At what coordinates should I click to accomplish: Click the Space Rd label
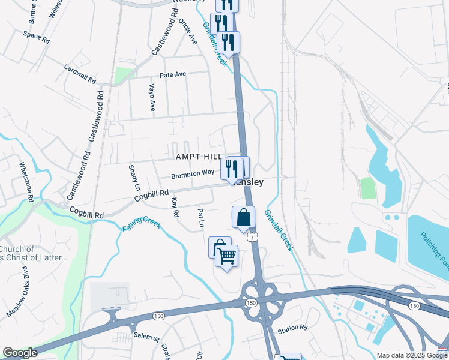coord(36,35)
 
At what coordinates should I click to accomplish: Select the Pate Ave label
coord(173,75)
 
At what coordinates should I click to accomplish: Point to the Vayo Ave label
coord(152,97)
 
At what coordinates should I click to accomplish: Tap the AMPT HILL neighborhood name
coord(199,157)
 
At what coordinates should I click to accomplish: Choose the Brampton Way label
coord(193,173)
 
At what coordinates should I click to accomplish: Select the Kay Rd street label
coord(175,207)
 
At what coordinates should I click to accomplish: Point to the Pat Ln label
coord(201,218)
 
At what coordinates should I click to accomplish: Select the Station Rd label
coord(292,329)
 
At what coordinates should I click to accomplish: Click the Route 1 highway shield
coord(255,238)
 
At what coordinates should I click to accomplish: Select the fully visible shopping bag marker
coord(243,218)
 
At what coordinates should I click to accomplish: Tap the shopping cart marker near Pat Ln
coord(226,257)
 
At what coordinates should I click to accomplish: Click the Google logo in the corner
coord(20,353)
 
